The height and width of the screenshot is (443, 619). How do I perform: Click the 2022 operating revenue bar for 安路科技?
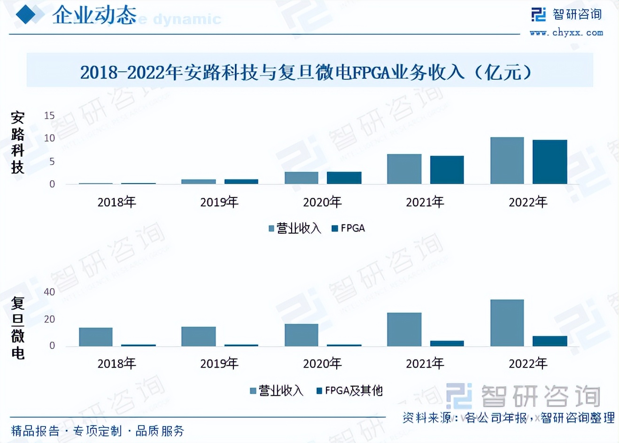[507, 160]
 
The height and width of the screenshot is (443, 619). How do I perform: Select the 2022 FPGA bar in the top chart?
[549, 162]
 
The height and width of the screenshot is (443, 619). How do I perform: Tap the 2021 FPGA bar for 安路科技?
[447, 170]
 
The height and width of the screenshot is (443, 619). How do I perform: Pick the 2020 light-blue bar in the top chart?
[301, 178]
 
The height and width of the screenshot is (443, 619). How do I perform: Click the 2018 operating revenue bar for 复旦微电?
[95, 337]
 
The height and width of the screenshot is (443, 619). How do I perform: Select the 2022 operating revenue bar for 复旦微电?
[507, 323]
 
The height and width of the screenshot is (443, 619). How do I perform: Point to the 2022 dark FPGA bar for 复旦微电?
[549, 341]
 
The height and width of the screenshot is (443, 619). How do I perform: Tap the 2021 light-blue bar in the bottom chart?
[404, 329]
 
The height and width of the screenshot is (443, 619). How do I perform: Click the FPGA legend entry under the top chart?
[348, 229]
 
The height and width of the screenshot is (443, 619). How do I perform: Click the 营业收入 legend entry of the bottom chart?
[277, 390]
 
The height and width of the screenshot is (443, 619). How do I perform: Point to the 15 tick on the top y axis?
[49, 115]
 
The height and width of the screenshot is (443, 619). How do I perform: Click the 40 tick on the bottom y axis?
[49, 292]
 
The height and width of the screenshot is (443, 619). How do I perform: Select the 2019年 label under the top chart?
[219, 202]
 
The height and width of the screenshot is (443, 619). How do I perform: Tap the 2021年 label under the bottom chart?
[425, 363]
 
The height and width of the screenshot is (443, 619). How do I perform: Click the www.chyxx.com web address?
[566, 33]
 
